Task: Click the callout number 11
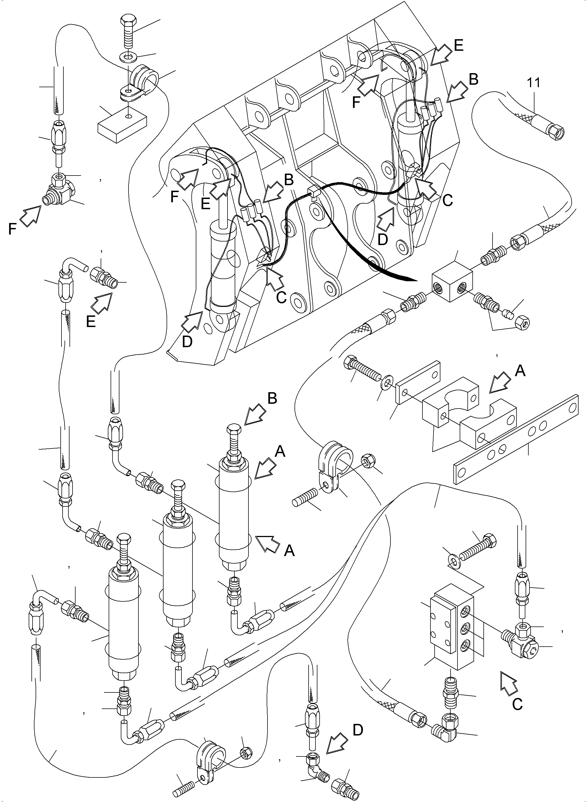tap(533, 83)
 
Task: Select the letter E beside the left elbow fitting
tap(91, 321)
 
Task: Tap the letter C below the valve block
tap(517, 704)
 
